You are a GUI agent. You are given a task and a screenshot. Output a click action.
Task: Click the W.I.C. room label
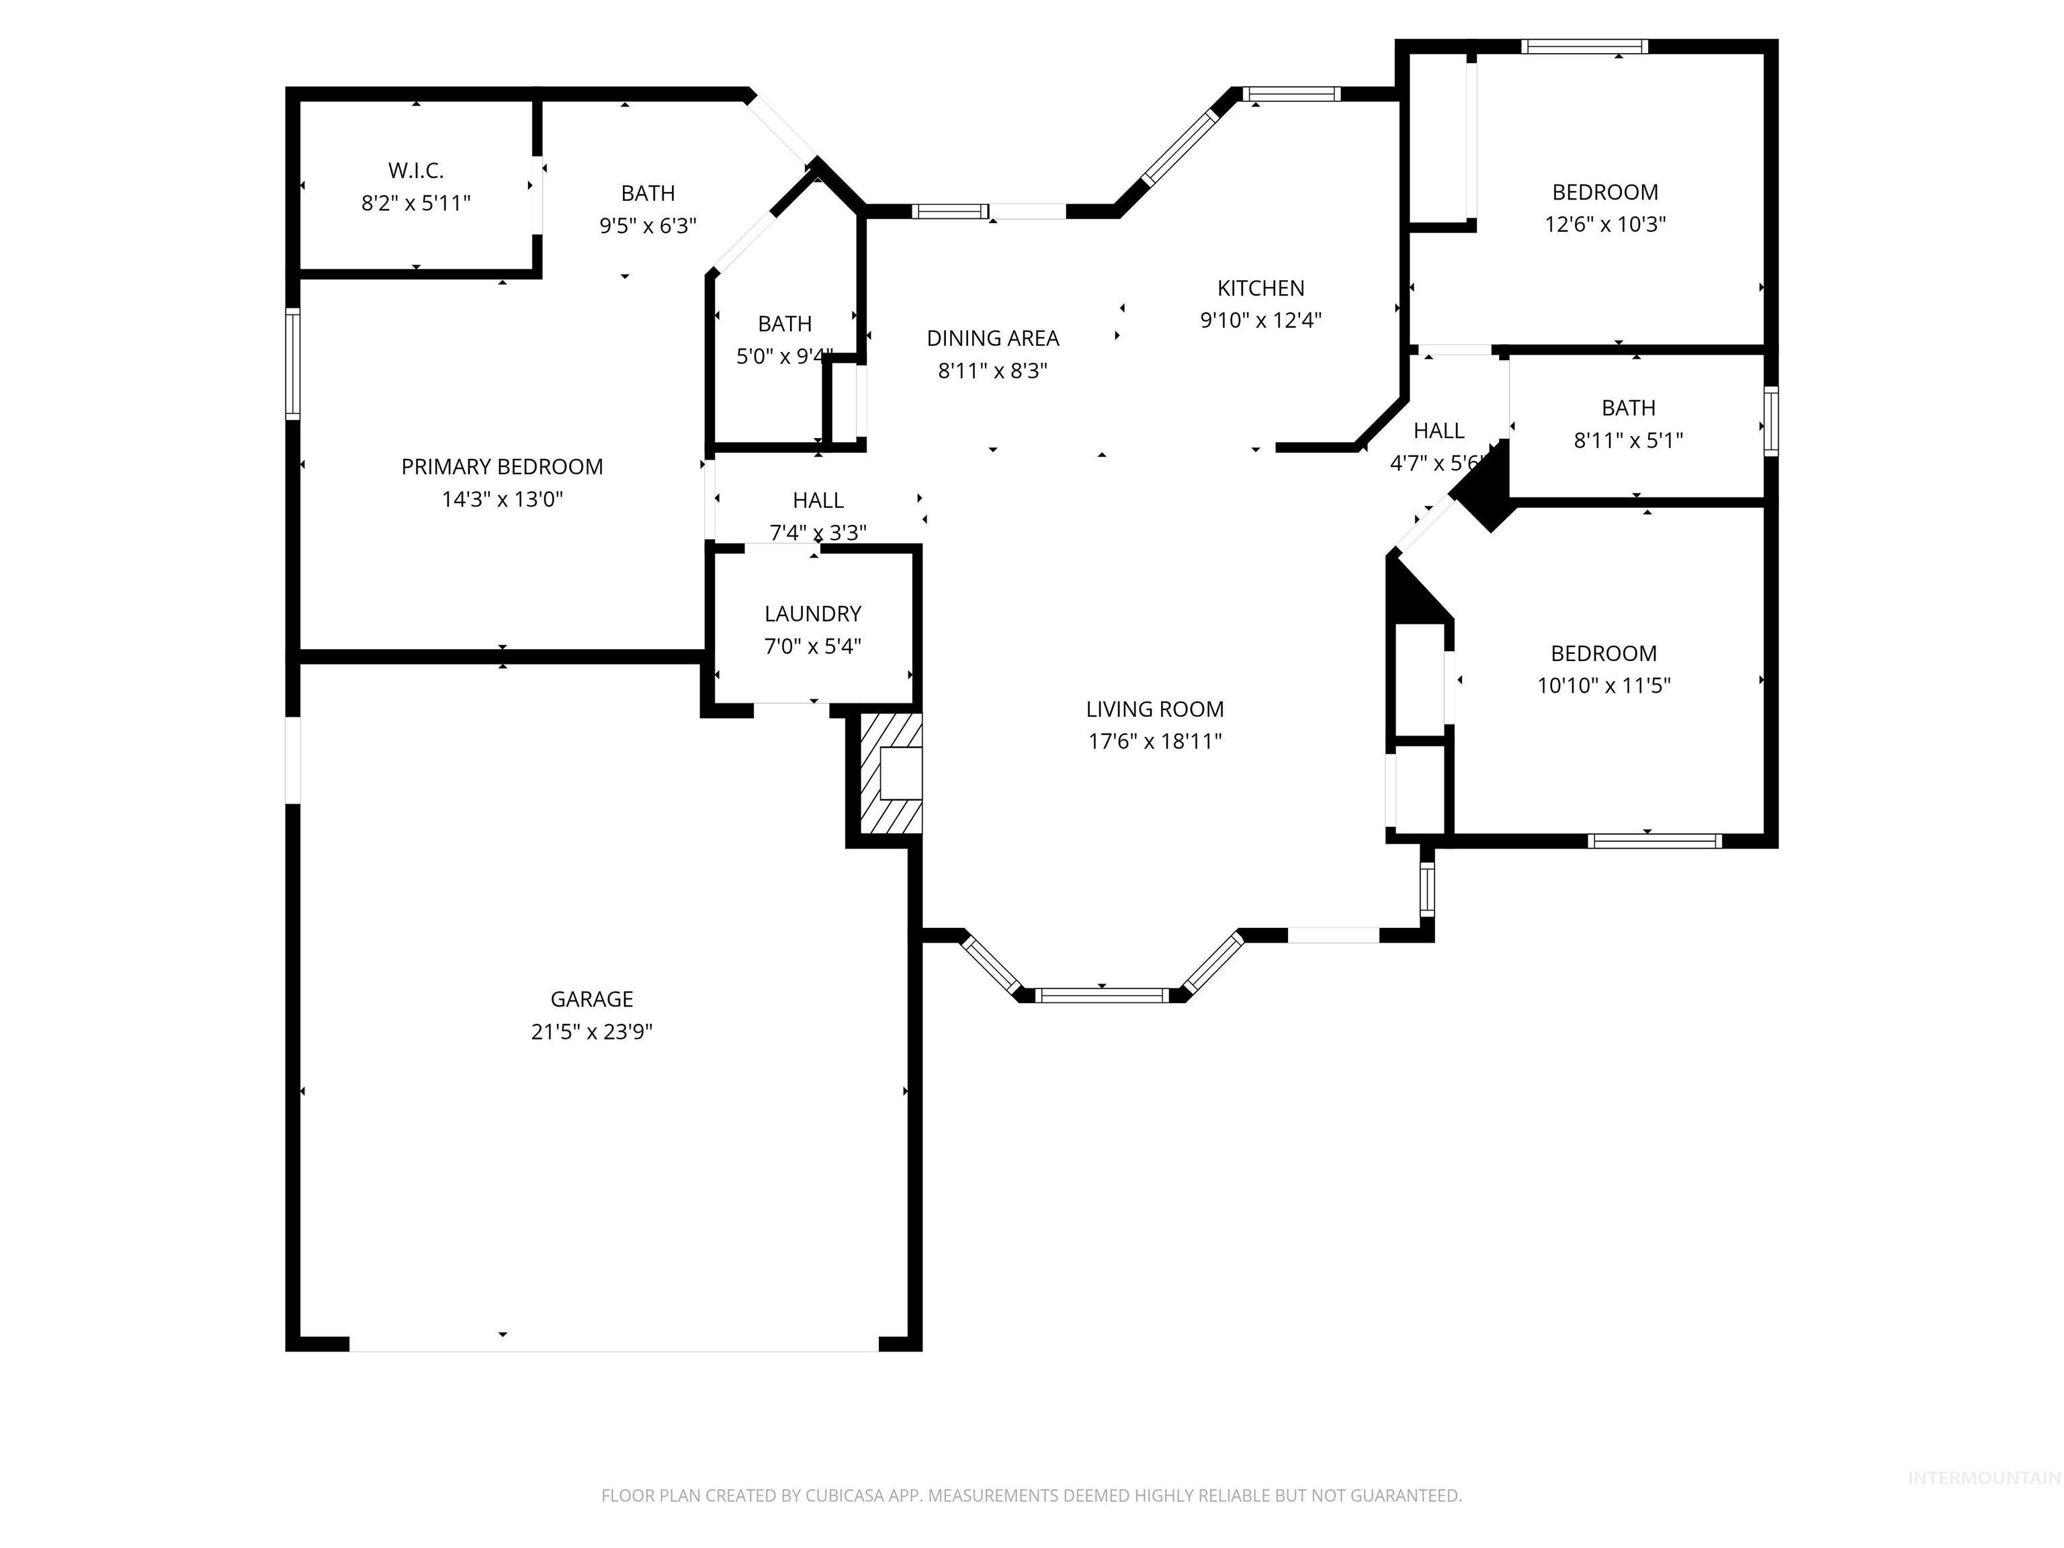[x=416, y=171]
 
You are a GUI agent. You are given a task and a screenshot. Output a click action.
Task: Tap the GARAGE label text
[x=591, y=999]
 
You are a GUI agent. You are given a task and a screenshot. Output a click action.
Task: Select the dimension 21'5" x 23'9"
[x=591, y=1032]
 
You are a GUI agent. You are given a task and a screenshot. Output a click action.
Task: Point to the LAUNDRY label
[x=813, y=614]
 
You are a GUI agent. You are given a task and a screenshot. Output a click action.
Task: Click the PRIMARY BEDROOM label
[x=502, y=466]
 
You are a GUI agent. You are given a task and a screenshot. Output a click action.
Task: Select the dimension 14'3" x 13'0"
[x=502, y=499]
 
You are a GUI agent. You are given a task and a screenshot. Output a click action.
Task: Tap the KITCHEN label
[x=1260, y=288]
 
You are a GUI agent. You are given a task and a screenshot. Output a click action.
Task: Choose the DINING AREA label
[x=993, y=339]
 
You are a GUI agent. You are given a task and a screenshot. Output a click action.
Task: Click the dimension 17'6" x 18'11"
[x=1155, y=742]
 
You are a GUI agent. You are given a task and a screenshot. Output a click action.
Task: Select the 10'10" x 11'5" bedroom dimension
[x=1604, y=686]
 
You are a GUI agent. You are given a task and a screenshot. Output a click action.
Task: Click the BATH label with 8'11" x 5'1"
[x=1628, y=408]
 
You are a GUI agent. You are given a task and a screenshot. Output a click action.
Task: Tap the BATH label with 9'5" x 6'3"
[x=648, y=193]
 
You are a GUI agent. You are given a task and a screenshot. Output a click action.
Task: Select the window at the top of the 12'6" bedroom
[x=1584, y=46]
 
